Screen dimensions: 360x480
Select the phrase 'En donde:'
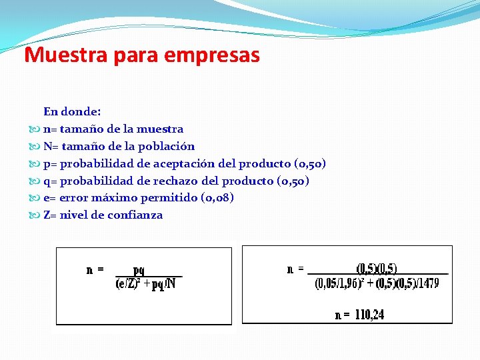(72, 111)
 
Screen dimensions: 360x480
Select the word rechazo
(177, 181)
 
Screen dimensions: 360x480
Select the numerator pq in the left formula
(139, 270)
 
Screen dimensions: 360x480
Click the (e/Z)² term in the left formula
(128, 284)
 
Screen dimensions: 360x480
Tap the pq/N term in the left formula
(164, 285)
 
